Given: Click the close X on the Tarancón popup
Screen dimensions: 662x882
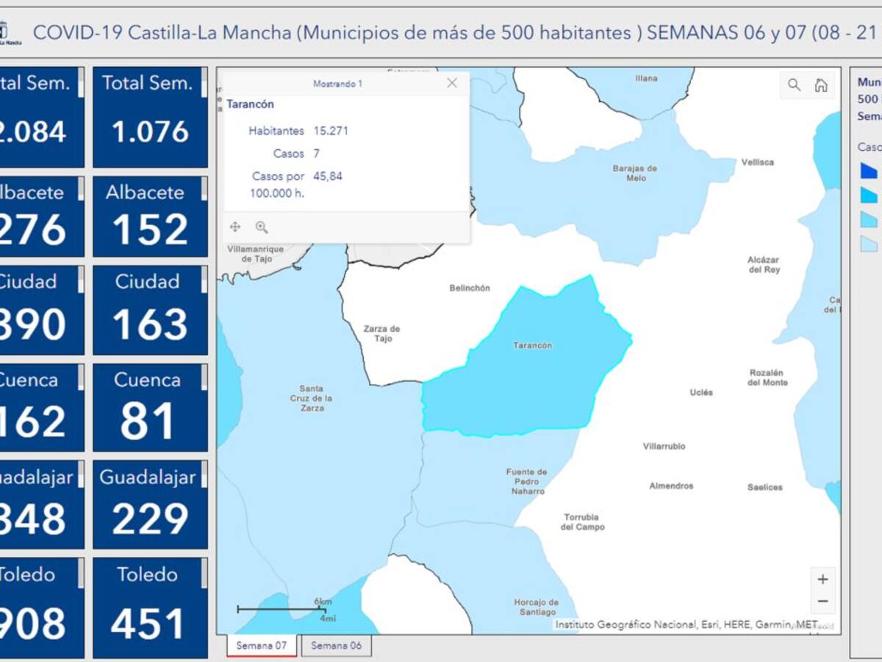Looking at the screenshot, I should [452, 83].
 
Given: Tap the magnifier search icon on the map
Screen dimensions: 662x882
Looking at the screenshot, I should [795, 85].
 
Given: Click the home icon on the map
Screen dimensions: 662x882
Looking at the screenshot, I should [821, 85].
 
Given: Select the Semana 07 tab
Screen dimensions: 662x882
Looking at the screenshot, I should [261, 646].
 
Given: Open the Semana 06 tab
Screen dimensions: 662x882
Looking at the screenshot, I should [336, 646].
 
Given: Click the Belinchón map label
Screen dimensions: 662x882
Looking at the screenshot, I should [470, 288].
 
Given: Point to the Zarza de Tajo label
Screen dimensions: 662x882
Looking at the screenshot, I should [382, 334].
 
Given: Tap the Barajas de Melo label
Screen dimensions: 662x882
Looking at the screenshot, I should [634, 173].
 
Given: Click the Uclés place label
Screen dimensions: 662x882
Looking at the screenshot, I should [701, 393].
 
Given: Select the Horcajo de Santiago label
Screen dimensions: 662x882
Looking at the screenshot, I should [535, 608].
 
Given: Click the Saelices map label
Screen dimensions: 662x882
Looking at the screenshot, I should [765, 487].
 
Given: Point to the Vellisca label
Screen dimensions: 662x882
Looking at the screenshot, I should [758, 163].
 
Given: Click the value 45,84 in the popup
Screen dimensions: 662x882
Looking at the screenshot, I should [328, 177].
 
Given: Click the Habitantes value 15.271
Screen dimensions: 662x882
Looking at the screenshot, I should [331, 131].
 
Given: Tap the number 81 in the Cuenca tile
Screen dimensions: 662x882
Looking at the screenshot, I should [148, 421].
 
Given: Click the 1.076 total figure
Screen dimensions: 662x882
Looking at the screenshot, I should [151, 132].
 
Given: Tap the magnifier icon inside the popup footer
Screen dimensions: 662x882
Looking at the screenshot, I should [262, 227].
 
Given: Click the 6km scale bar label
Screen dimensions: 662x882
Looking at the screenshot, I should [323, 602].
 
